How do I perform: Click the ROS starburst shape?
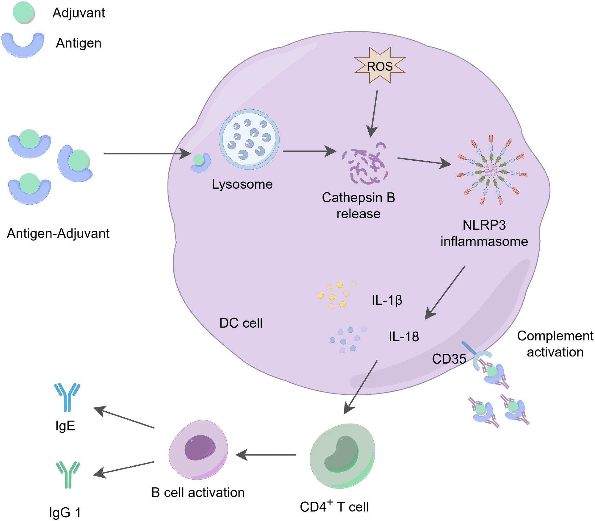pos(380,66)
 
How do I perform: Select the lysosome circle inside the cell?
pos(249,139)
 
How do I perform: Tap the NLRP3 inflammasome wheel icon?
pos(491,170)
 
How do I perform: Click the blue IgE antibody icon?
pos(67,397)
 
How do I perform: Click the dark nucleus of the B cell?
pos(200,447)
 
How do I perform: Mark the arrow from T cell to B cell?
pos(266,455)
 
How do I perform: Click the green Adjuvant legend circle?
pos(24,12)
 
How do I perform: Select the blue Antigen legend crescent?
pos(23,46)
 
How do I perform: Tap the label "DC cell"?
pos(241,323)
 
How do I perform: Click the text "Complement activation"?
pos(555,344)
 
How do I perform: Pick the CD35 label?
pos(449,359)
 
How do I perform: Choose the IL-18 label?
pos(404,337)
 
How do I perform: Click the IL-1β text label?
pos(387,300)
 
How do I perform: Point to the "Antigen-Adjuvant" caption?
pos(58,233)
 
